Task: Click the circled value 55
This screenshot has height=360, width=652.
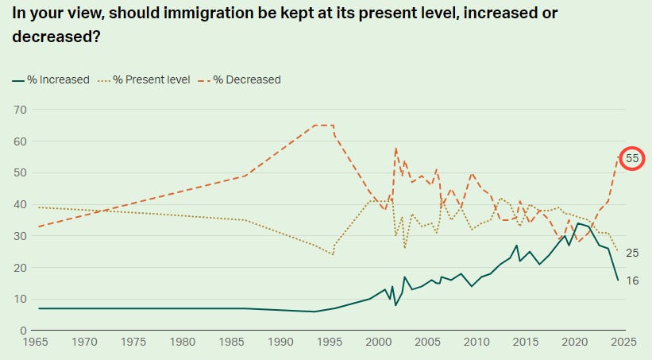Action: click(632, 158)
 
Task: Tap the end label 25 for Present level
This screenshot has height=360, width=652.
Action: click(632, 253)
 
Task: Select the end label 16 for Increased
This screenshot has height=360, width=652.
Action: click(632, 281)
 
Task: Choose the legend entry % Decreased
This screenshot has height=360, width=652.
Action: click(245, 79)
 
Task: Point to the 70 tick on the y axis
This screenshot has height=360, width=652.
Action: click(20, 110)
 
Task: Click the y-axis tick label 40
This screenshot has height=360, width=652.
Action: click(20, 204)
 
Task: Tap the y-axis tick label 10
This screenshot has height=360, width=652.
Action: click(20, 299)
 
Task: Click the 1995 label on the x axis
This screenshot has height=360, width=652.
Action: click(330, 342)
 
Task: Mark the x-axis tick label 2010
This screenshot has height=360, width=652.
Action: click(476, 342)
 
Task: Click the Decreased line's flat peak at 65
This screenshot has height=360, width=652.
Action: click(323, 126)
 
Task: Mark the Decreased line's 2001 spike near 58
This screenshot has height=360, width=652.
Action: click(395, 149)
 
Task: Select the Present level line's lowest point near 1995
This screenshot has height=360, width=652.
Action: click(333, 254)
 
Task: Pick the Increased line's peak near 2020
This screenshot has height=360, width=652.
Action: click(578, 223)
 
